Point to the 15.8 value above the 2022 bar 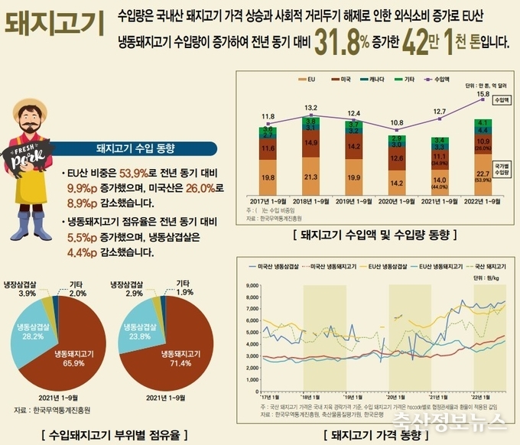point(483,94)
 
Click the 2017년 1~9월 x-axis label point(267,201)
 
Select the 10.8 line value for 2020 point(397,122)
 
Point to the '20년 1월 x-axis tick point(395,398)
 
